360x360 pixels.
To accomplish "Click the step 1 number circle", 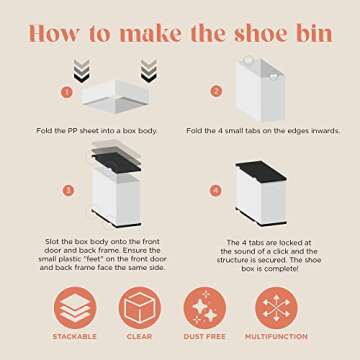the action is [x=67, y=92].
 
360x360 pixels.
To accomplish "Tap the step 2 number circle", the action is [x=216, y=91].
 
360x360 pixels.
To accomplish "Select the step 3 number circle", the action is [x=69, y=191].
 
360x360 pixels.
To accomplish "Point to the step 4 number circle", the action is [x=216, y=191].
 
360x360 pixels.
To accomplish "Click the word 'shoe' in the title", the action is [x=259, y=34].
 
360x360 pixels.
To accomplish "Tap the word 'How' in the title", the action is [x=54, y=34].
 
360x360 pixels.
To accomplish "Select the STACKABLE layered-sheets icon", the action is [x=75, y=308].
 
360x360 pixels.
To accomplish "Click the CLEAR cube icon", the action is [x=140, y=308].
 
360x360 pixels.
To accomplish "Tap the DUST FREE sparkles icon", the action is [x=205, y=308].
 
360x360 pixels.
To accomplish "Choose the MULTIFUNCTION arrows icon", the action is [x=276, y=308].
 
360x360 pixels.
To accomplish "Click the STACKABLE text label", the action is [x=74, y=337].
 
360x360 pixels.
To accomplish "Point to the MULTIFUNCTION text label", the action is [x=276, y=337].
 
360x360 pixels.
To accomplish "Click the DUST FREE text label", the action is [x=205, y=337].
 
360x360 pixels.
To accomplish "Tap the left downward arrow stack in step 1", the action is [x=82, y=71].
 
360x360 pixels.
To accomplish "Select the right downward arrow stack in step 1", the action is [x=149, y=71].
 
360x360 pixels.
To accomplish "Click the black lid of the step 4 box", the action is [x=261, y=171].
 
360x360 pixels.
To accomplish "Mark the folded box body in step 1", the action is [x=115, y=96].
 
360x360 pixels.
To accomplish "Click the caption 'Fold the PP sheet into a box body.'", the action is [x=97, y=131].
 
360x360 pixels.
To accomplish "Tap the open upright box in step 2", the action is [x=260, y=90].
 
